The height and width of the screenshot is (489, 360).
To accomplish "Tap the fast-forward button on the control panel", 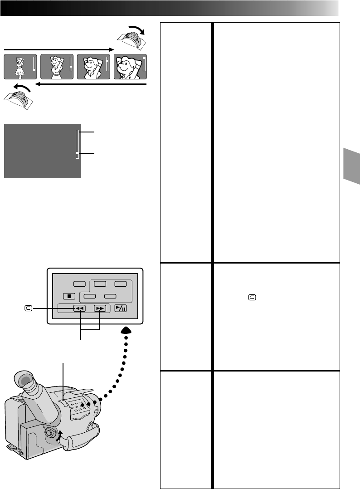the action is (x=99, y=308).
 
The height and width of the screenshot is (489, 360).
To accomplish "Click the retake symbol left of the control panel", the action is (x=29, y=308).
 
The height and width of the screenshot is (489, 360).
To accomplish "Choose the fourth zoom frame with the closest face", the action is (x=131, y=67).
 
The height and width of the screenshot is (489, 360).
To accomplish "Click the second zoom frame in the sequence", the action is (x=58, y=67).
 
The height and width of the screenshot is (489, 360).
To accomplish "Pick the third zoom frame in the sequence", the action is (x=94, y=67).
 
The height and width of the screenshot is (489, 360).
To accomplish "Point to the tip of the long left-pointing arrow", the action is (x=35, y=84).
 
